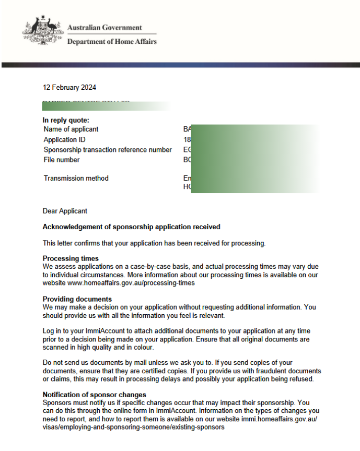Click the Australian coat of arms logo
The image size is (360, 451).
(42, 32)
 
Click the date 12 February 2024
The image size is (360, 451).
(69, 87)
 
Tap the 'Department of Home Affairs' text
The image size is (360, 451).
(112, 42)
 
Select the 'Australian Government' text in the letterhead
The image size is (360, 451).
(104, 28)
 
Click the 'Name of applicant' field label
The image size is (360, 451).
(71, 129)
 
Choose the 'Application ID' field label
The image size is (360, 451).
(64, 139)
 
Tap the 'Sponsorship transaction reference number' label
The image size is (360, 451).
(108, 150)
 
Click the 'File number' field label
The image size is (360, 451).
(62, 160)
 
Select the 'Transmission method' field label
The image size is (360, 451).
(76, 178)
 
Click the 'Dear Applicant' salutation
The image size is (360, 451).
(65, 211)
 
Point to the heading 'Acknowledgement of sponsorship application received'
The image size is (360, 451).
(131, 227)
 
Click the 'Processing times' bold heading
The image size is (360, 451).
(71, 258)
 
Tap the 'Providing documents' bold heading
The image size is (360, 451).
(77, 299)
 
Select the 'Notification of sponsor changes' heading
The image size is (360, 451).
(94, 394)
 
